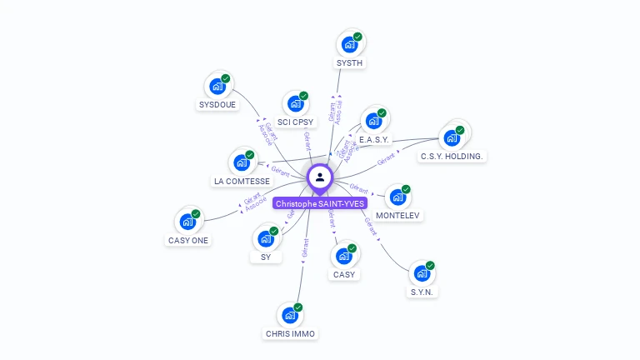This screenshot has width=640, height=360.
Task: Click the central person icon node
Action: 320,177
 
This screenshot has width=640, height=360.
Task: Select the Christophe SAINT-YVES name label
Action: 320,203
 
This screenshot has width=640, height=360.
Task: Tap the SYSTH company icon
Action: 350,44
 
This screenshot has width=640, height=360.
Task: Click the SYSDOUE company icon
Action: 217,86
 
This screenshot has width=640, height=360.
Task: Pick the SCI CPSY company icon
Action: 295,103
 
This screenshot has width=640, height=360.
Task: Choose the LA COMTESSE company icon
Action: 242,162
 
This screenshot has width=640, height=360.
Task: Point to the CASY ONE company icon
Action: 188,222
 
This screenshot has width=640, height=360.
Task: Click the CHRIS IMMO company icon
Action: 290,315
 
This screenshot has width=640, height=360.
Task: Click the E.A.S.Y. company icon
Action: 374,120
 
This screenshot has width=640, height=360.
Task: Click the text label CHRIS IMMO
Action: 290,333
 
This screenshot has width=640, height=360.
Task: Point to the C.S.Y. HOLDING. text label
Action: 452,156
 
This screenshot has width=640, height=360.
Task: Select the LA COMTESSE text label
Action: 242,181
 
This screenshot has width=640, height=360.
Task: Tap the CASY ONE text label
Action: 188,241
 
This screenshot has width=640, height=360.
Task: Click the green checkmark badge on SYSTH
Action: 357,37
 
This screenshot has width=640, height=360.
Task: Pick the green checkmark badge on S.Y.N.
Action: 430,266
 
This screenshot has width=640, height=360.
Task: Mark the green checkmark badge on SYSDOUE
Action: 225,78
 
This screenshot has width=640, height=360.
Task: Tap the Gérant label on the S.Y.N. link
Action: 371,225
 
